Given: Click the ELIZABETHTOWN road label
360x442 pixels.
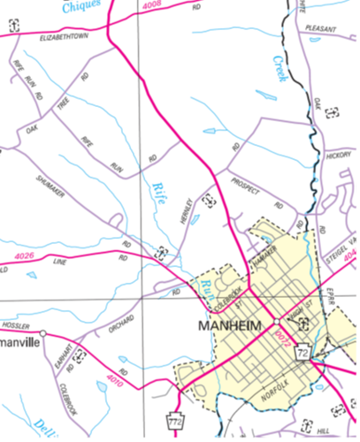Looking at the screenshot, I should coord(65,39).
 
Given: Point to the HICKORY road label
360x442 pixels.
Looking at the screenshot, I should coord(339,155).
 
